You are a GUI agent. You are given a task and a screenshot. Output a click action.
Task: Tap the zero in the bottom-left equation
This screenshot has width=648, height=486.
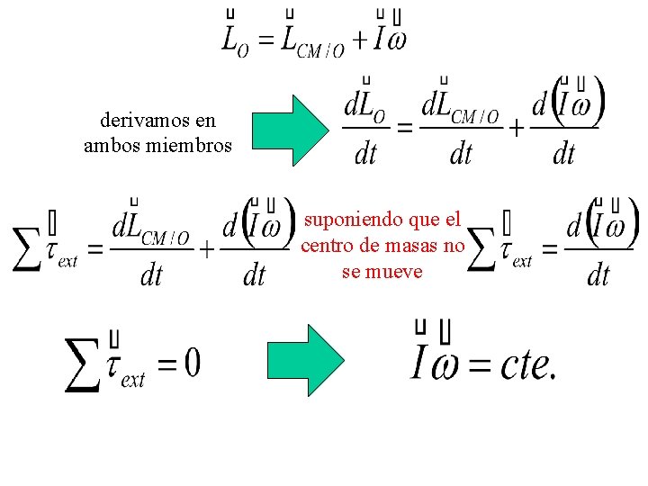192,364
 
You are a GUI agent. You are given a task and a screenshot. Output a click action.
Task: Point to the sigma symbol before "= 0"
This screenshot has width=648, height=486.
84,364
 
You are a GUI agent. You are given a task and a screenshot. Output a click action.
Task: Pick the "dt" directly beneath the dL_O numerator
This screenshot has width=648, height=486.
365,155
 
